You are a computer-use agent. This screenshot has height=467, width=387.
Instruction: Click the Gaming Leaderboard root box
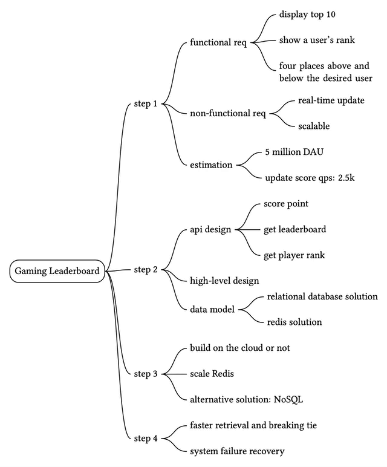coord(57,270)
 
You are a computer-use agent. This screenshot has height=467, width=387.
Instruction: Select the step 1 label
coord(145,104)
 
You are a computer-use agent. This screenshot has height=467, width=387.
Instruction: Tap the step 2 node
coord(145,270)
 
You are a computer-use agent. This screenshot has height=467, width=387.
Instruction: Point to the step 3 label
coord(145,374)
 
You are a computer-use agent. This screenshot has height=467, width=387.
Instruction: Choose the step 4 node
coord(145,438)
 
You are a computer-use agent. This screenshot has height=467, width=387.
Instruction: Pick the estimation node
coord(212,165)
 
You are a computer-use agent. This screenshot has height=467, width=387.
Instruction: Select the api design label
coord(212,230)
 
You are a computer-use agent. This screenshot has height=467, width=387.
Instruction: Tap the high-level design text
coord(224,281)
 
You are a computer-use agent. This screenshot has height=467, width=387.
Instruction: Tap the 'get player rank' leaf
coord(294,255)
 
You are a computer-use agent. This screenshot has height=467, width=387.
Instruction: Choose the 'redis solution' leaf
coord(294,322)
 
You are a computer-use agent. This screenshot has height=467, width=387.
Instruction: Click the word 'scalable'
coord(314,126)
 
